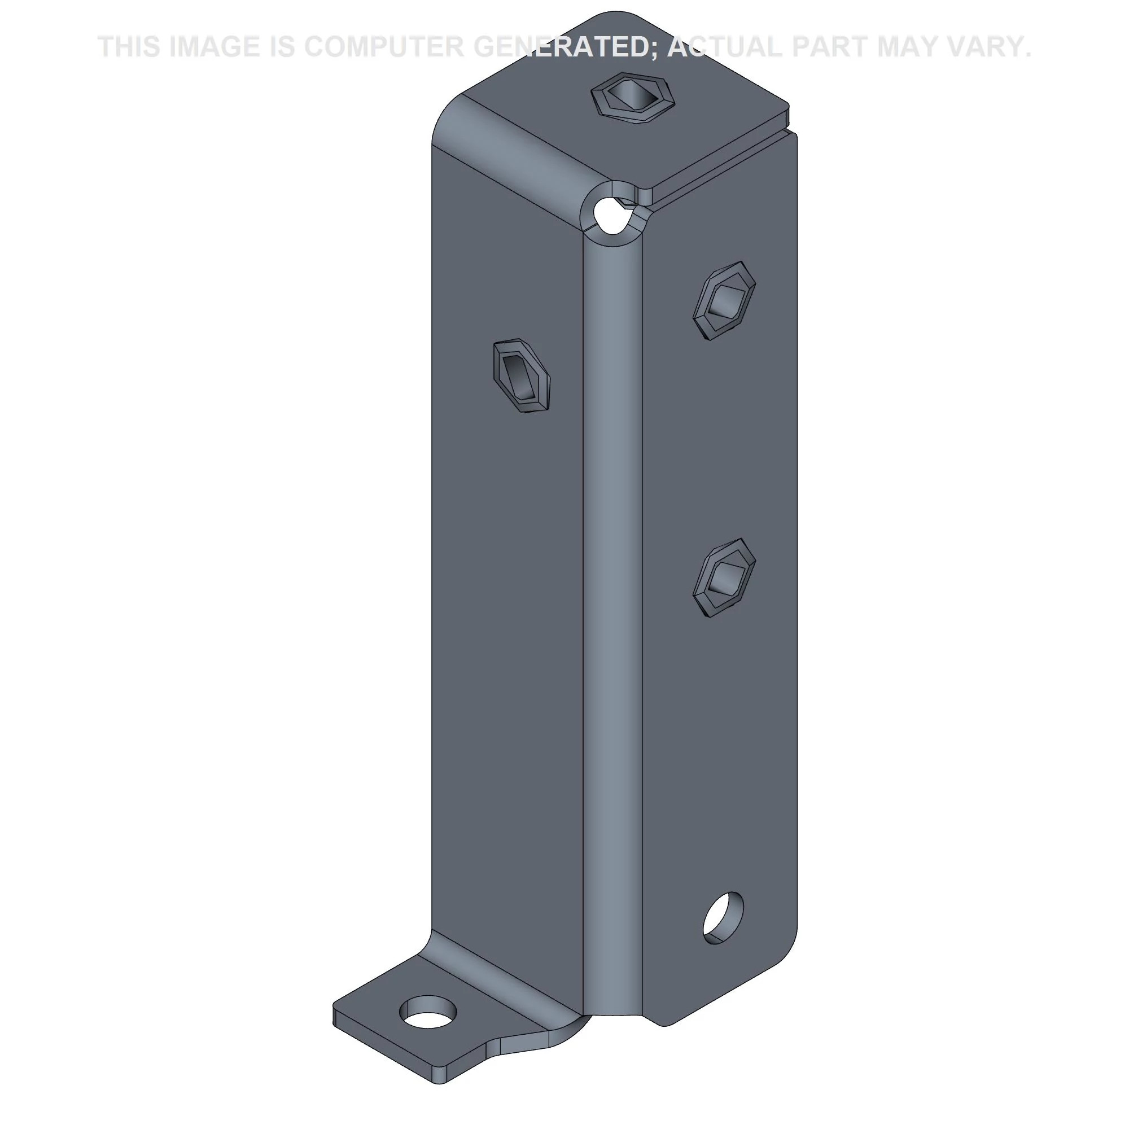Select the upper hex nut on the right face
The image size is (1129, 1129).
pyautogui.click(x=724, y=301)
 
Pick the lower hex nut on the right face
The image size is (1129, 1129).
pyautogui.click(x=724, y=578)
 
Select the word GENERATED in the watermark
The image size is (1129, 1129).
pyautogui.click(x=566, y=47)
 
